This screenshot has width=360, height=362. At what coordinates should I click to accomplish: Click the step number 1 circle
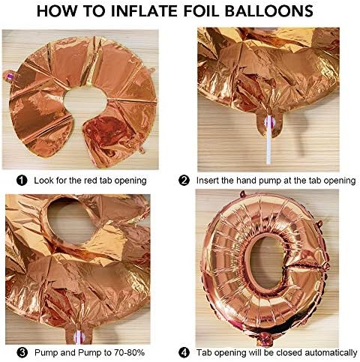[x=22, y=181]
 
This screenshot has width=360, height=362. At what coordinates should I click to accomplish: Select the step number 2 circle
[x=184, y=181]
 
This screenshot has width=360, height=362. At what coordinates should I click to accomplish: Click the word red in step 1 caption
[x=88, y=181]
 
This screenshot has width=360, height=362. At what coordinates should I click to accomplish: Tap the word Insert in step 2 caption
[x=211, y=181]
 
